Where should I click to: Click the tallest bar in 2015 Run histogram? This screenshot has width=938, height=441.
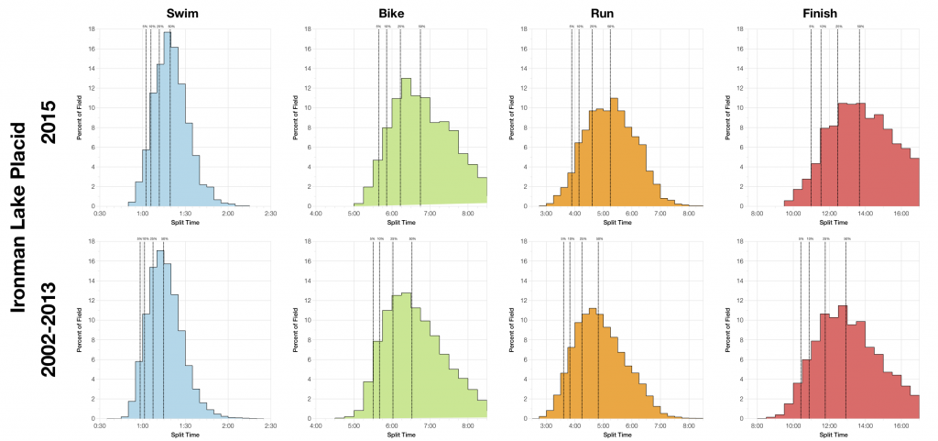pos(613,152)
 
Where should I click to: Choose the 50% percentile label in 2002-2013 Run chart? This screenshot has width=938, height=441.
pos(599,239)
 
